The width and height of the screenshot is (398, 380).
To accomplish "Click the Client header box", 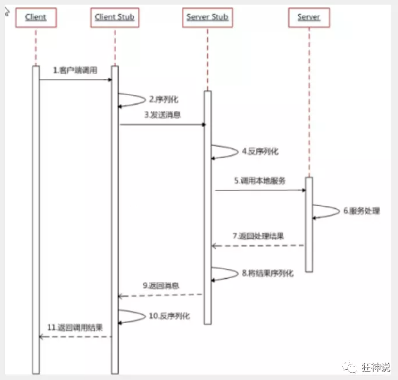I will pos(36,17).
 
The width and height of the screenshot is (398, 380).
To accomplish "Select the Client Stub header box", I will pos(115,17).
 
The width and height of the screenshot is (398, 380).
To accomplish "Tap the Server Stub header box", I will pos(207,17).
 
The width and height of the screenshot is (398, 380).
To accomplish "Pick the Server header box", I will pos(309,17).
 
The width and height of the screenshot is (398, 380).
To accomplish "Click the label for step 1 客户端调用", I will pos(75,70).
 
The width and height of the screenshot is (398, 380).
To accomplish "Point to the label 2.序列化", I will pos(164,100).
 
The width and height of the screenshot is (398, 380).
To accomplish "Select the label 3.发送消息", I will pos(161,115).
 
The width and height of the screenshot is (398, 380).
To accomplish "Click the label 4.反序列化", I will pos(260,151).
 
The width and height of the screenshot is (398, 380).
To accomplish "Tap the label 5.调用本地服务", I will pos(260,181).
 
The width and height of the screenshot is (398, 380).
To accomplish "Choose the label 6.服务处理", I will pos(361,211).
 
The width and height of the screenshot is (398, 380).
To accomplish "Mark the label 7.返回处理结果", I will pos(258,237).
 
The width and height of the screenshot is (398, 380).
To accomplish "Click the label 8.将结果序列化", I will pos(267,273).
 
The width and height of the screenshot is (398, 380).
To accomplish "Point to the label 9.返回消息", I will pos(161,285).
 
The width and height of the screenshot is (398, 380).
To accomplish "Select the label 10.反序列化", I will pos(169,316).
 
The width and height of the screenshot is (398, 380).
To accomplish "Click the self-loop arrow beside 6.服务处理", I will pos(327,211).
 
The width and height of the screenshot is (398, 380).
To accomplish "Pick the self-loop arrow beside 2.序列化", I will pos(134,99).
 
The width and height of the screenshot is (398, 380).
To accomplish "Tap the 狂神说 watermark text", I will pos(376,367).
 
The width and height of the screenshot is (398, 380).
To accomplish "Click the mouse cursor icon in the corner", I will pos(6,11).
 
